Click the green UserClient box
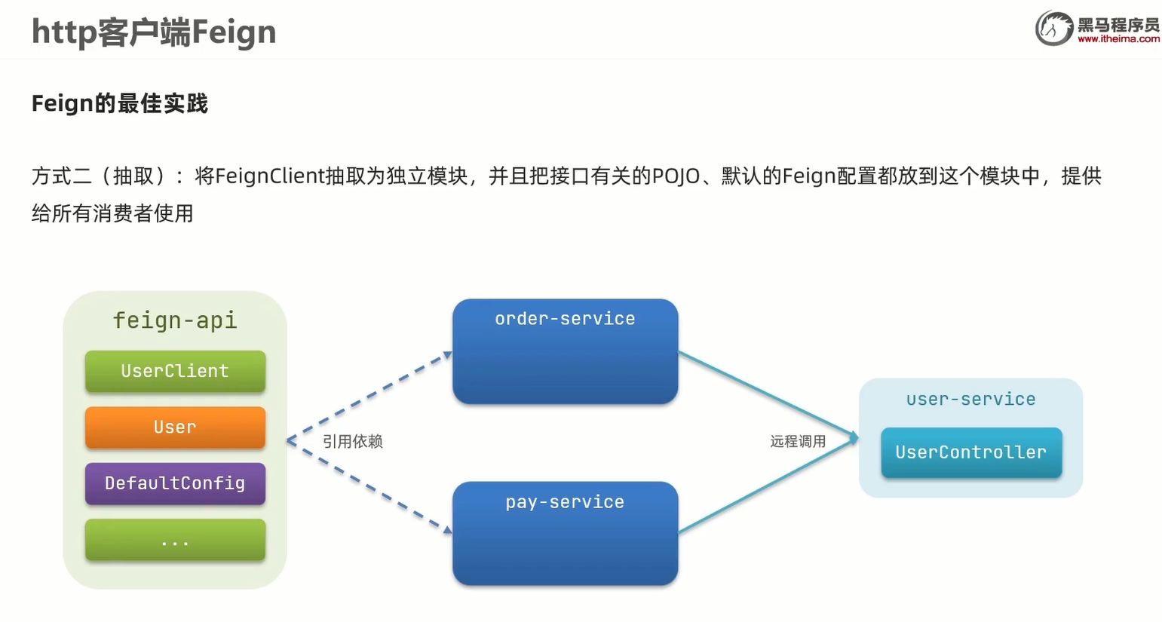click(175, 371)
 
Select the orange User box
click(175, 427)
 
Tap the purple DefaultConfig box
click(175, 483)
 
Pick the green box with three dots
click(175, 540)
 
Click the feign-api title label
click(175, 320)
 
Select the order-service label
click(565, 319)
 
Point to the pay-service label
click(565, 502)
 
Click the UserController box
click(971, 452)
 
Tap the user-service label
click(971, 400)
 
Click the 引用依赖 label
click(353, 442)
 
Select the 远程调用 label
click(798, 442)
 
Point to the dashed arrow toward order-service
click(369, 397)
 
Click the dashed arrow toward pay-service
click(369, 486)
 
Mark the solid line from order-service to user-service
click(768, 394)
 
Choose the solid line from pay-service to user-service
click(768, 486)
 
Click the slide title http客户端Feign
click(154, 32)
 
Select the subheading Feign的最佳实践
click(120, 103)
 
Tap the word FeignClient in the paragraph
click(269, 176)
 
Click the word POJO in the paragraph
click(676, 176)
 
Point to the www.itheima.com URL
click(1118, 39)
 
